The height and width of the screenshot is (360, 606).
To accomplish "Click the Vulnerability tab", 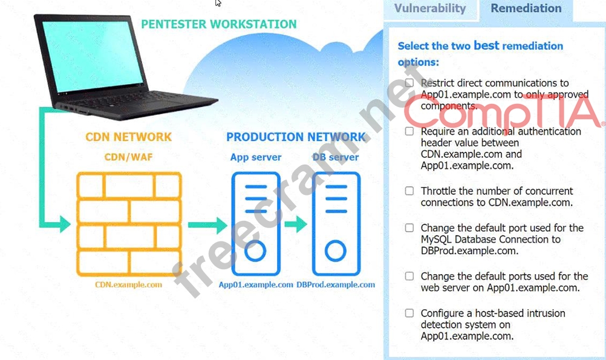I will click(429, 8).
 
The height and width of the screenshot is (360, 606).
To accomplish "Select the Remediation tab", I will click(526, 8).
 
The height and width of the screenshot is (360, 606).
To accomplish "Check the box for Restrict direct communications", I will click(409, 82).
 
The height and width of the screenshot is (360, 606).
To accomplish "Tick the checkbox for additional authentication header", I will click(409, 131).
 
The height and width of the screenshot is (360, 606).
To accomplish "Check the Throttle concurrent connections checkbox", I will click(409, 191).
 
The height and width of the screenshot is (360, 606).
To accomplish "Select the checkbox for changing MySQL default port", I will click(409, 227).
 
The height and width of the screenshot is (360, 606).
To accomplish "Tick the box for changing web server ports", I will click(409, 276).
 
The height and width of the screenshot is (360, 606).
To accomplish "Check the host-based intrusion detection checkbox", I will click(409, 313).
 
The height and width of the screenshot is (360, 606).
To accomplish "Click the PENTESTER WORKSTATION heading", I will click(218, 25).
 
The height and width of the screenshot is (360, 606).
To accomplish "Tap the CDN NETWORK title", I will click(128, 137).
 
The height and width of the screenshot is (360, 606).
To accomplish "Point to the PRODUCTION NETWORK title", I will click(296, 137).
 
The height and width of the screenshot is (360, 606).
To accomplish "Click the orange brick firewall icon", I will click(128, 224).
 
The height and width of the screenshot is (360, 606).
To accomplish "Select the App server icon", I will click(255, 224).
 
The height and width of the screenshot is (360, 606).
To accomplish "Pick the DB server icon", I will click(336, 224).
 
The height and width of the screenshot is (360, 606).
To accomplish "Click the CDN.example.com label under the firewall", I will click(128, 284).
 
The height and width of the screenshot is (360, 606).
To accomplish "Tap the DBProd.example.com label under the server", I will click(336, 284).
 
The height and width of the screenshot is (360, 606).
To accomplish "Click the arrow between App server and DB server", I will click(296, 225).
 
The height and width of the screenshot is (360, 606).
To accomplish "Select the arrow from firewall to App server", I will click(207, 225).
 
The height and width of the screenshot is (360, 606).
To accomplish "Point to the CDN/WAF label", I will click(128, 157).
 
